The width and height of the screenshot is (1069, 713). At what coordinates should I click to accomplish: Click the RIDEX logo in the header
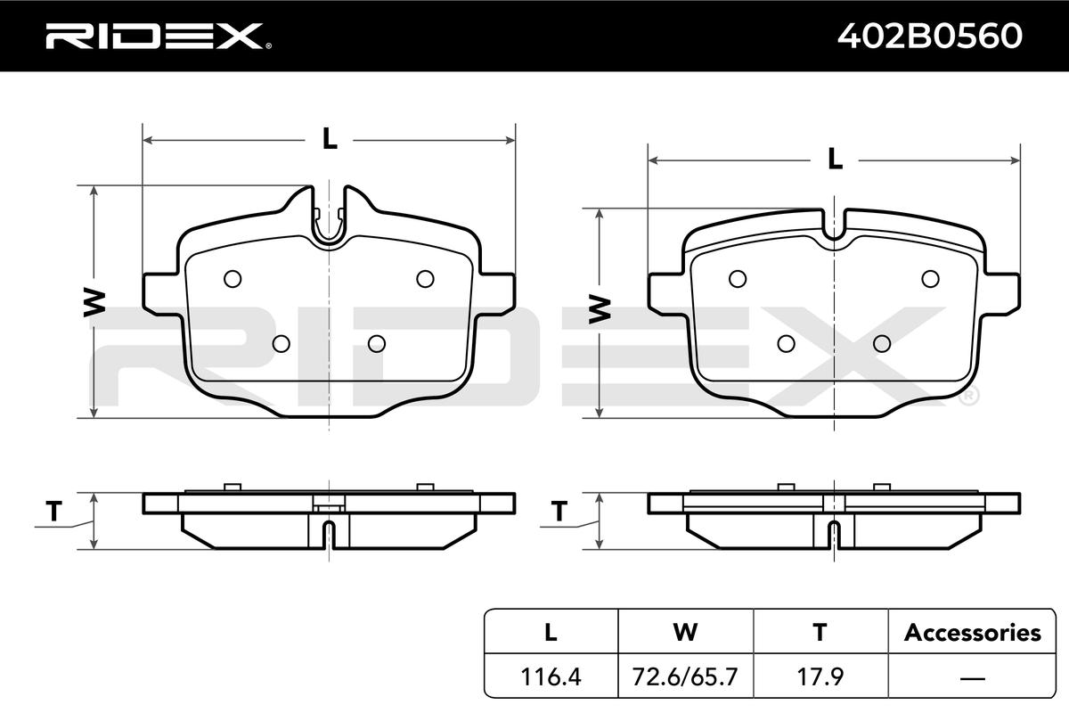coord(159,37)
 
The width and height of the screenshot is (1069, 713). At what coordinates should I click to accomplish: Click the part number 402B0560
coord(930,36)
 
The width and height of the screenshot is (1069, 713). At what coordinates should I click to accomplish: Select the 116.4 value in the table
coord(551,676)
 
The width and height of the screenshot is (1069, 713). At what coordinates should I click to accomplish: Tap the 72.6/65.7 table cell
coord(685,676)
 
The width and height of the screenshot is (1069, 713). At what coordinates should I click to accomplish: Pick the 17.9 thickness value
coord(820,676)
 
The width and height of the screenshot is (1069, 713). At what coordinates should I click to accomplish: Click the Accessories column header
coord(972,633)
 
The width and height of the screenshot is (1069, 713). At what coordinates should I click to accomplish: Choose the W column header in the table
coord(685,633)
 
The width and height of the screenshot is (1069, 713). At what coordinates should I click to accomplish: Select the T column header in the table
coord(820,633)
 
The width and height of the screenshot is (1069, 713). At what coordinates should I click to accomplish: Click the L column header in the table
coord(551,633)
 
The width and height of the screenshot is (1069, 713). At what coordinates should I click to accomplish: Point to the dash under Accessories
coord(972,677)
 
